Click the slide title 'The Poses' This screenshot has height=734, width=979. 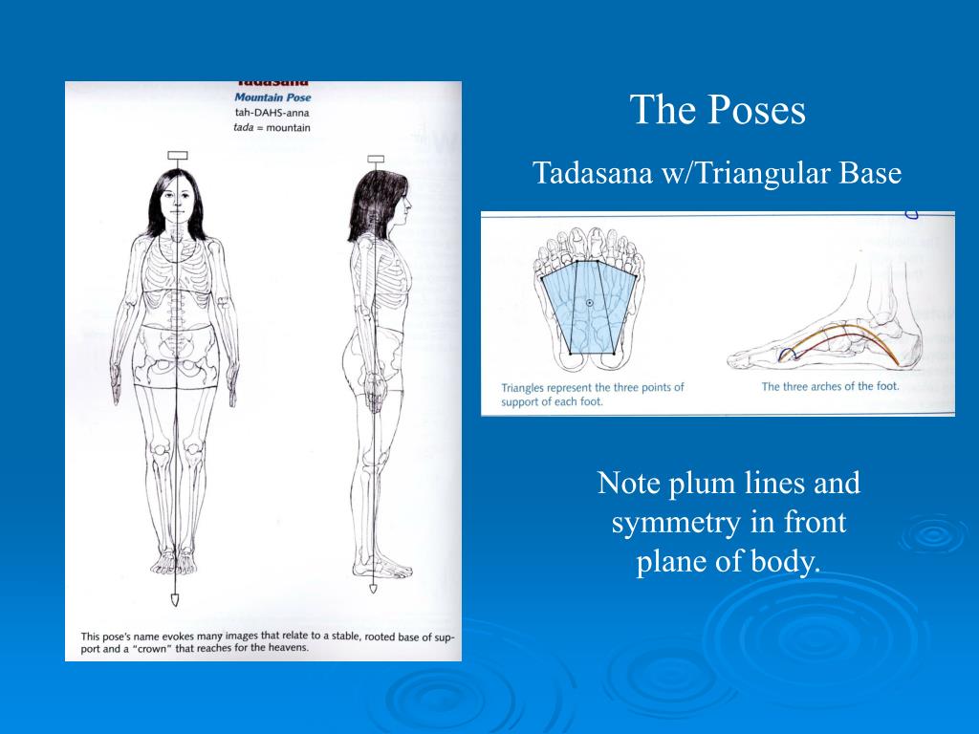click(x=718, y=111)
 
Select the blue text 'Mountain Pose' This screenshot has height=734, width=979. click(x=272, y=97)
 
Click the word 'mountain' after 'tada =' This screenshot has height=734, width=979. click(x=290, y=128)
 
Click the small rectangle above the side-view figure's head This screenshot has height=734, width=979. click(x=376, y=159)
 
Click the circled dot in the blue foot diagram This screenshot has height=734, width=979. click(x=590, y=303)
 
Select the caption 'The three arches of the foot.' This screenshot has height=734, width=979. click(x=830, y=387)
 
